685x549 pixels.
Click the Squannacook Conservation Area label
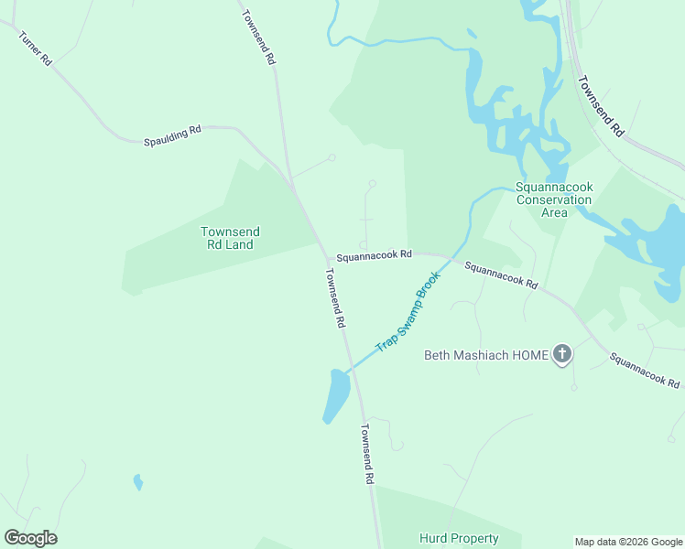click(554, 199)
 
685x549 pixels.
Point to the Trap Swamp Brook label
click(408, 312)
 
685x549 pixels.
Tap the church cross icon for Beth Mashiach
click(562, 354)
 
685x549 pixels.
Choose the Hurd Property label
click(459, 539)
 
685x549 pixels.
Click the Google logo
click(30, 538)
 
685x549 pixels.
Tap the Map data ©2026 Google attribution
click(628, 542)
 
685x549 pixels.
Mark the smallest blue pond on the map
click(138, 481)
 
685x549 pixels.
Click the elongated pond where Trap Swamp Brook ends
click(336, 395)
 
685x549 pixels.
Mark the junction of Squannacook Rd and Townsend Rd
click(327, 258)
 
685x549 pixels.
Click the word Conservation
click(554, 199)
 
